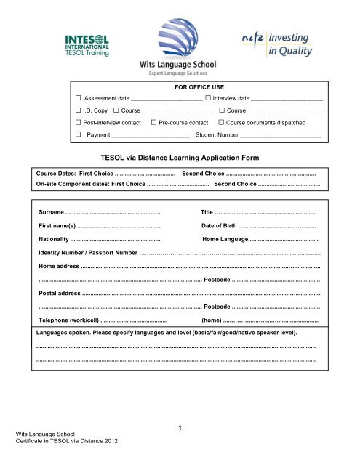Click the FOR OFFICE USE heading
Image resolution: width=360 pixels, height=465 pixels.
click(179, 85)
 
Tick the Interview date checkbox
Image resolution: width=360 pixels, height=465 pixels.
click(209, 97)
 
